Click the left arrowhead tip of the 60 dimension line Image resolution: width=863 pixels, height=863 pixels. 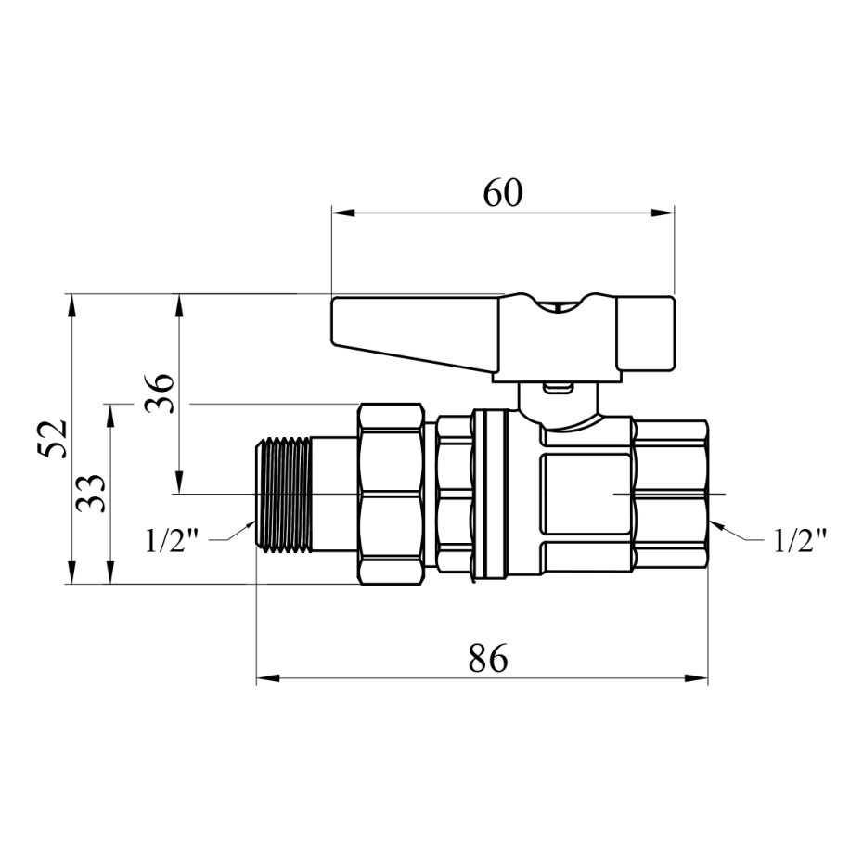[x=332, y=213]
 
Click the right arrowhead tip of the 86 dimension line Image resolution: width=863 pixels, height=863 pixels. [x=708, y=678]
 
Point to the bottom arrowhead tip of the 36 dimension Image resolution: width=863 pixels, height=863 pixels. [x=178, y=494]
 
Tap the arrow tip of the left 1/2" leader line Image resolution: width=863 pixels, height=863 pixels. [x=256, y=521]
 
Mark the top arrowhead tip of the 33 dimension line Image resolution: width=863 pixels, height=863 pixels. [x=111, y=405]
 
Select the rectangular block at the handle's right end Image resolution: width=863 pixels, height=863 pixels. [x=645, y=334]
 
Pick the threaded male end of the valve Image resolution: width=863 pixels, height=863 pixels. [x=285, y=495]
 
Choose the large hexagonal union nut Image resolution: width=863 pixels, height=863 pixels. [x=392, y=494]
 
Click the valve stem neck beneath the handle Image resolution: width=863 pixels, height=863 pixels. [x=560, y=406]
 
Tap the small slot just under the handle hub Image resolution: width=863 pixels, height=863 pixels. [x=557, y=389]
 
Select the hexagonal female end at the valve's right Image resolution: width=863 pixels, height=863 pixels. [x=669, y=494]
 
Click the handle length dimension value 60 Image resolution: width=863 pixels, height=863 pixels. [x=503, y=193]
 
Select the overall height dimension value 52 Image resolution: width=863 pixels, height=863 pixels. [x=53, y=439]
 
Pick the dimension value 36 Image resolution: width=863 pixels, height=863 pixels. [x=160, y=393]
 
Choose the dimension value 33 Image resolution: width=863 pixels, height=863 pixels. [x=91, y=494]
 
